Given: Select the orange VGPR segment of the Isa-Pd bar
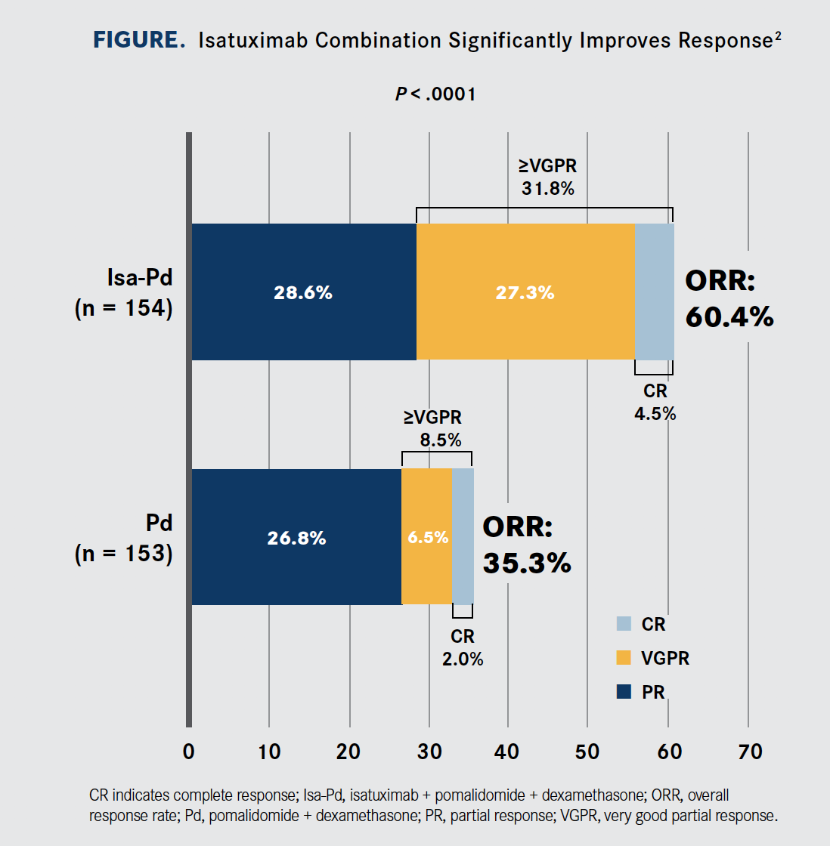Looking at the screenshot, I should tap(525, 292).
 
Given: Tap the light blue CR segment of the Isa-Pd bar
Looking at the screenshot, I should tap(654, 292).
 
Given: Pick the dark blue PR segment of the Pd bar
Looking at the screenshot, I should tap(296, 537).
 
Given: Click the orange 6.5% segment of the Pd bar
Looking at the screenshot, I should tap(427, 537).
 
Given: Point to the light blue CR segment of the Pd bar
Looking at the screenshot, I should tap(463, 537).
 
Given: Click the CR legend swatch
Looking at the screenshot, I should tap(624, 624).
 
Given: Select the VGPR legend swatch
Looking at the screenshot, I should tap(624, 658).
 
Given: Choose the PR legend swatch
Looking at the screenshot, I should tap(624, 691).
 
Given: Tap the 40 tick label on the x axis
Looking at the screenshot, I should tap(507, 752).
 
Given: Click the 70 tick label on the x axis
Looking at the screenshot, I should tap(749, 752).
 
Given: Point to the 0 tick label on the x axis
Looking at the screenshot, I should tap(189, 752).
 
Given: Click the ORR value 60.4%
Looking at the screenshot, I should tap(729, 316).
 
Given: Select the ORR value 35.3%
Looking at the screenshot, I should tap(527, 563).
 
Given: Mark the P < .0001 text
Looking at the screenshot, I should tap(435, 94).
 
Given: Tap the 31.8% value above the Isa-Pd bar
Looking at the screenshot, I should tap(548, 188).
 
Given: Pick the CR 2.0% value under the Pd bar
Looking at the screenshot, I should tap(463, 659).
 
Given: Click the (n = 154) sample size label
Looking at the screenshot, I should tap(123, 308).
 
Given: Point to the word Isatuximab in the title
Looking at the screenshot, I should tap(253, 40).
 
